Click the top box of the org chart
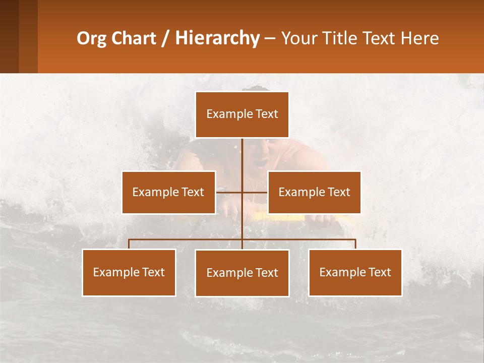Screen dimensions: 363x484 (x=242, y=114)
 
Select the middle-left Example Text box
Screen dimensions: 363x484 (x=168, y=192)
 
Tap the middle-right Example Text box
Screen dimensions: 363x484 (x=314, y=192)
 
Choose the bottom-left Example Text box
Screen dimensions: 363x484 (x=129, y=272)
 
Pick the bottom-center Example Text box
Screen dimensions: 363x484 (x=242, y=273)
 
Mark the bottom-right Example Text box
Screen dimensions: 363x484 (x=355, y=272)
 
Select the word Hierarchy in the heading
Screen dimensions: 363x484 (x=217, y=38)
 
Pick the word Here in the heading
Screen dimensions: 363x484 (x=419, y=38)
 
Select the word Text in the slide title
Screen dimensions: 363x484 (x=379, y=38)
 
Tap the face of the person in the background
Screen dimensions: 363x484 (x=260, y=157)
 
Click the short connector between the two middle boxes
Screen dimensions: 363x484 (x=242, y=192)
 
